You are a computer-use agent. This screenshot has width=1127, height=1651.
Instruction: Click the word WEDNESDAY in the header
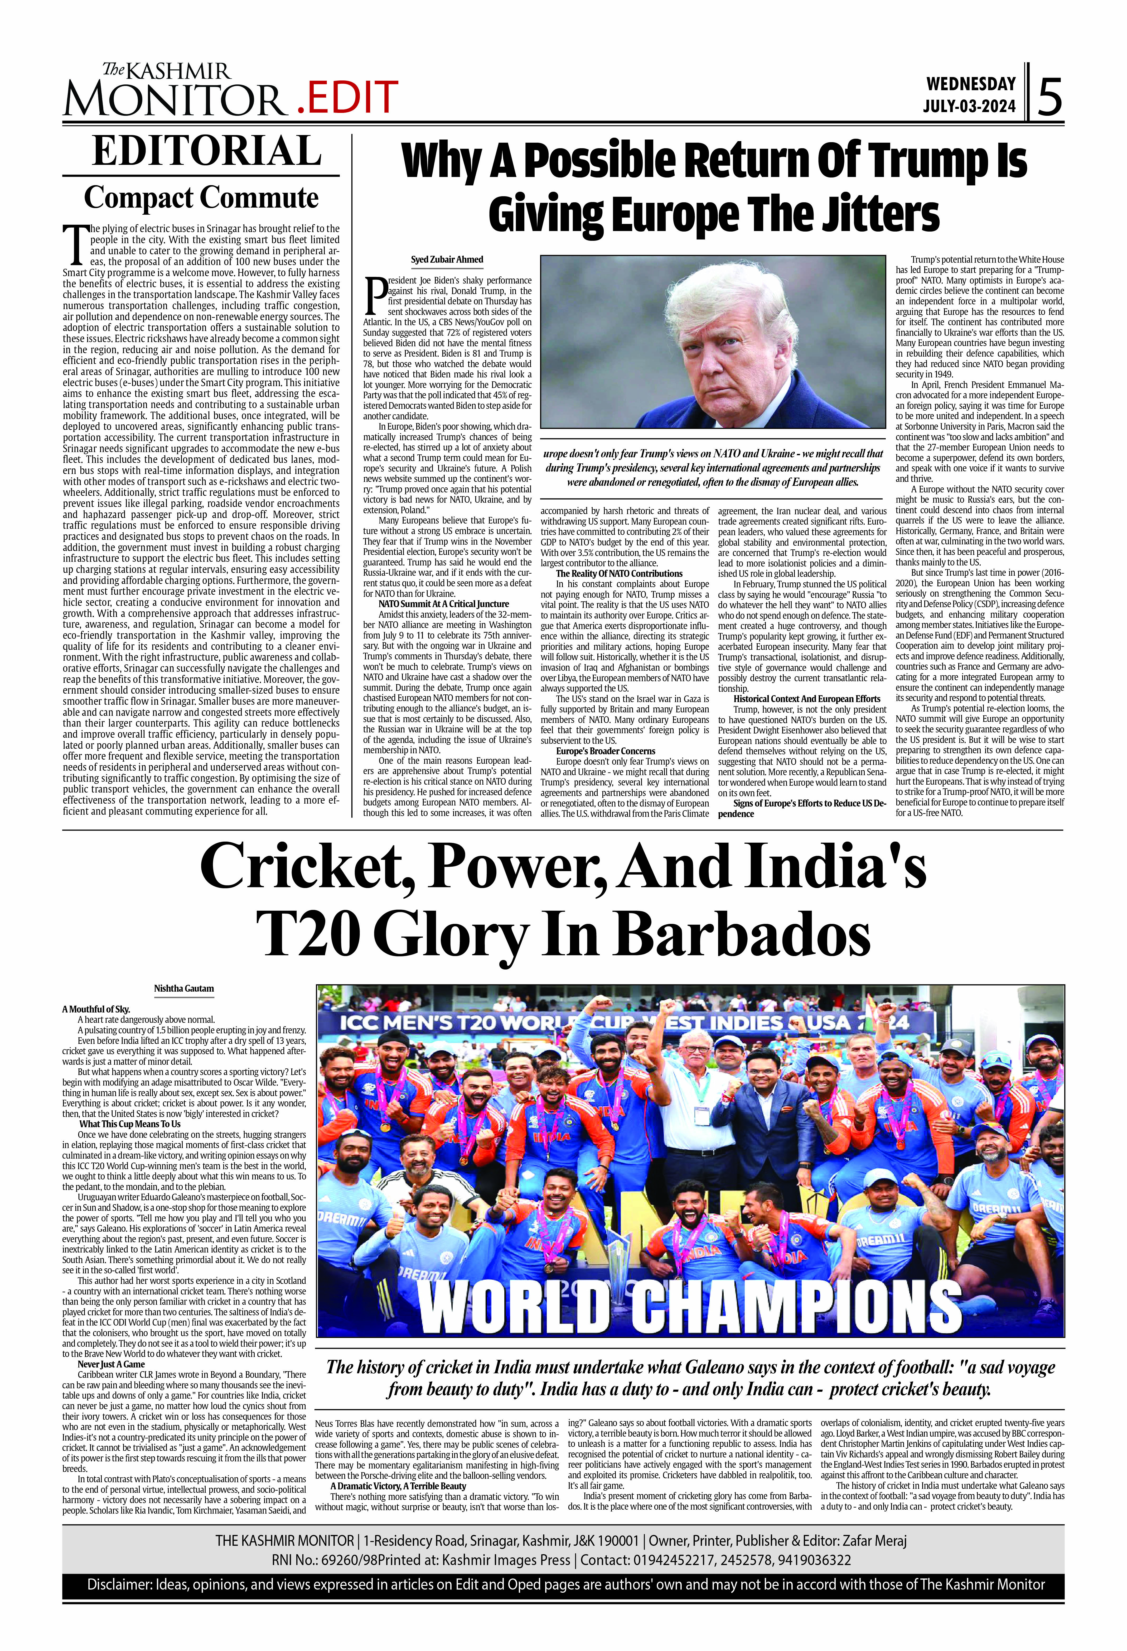pos(971,84)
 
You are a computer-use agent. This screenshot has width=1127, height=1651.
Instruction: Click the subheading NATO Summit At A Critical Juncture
pos(444,604)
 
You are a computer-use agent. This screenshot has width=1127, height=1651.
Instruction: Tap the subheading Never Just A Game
pos(111,1364)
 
